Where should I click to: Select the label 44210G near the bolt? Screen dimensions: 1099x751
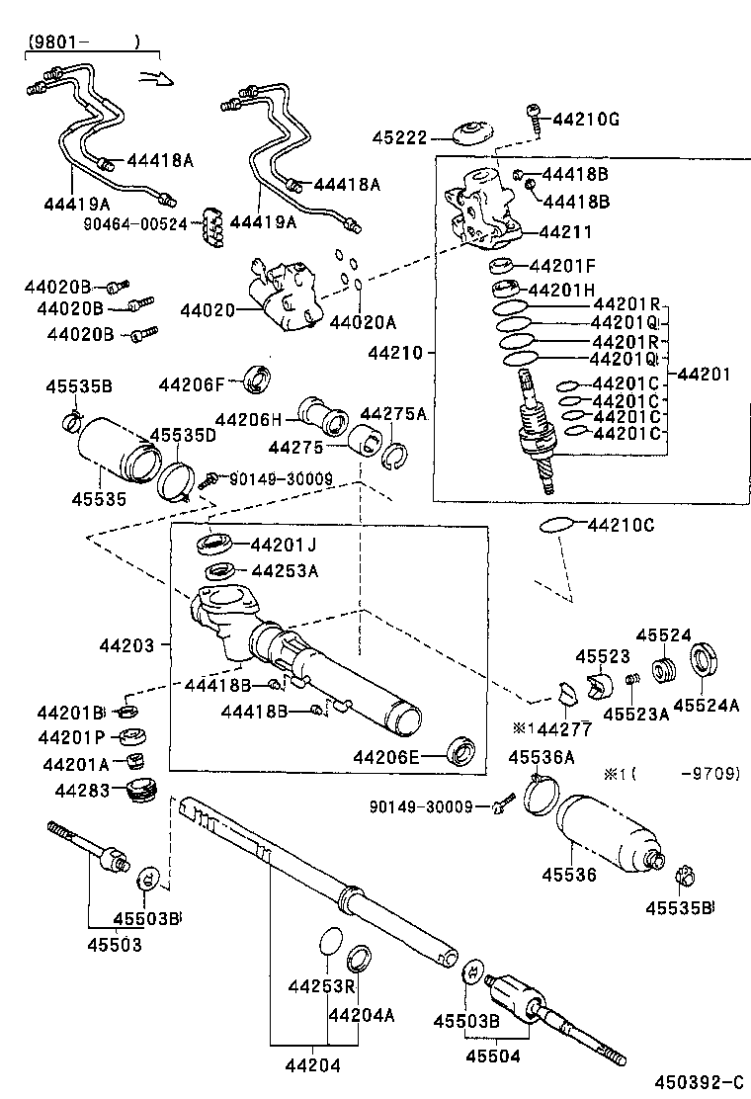click(x=586, y=120)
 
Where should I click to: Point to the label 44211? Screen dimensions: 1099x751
click(x=565, y=232)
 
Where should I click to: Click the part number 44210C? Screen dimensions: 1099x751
click(x=621, y=525)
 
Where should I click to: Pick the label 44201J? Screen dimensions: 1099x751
click(x=283, y=544)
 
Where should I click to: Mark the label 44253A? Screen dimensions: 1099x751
click(x=284, y=570)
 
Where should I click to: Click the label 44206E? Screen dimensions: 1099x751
click(x=386, y=757)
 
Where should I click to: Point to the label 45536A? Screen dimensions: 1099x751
click(x=542, y=757)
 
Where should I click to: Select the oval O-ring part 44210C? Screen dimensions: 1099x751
click(x=556, y=525)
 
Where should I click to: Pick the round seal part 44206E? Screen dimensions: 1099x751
click(x=461, y=750)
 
